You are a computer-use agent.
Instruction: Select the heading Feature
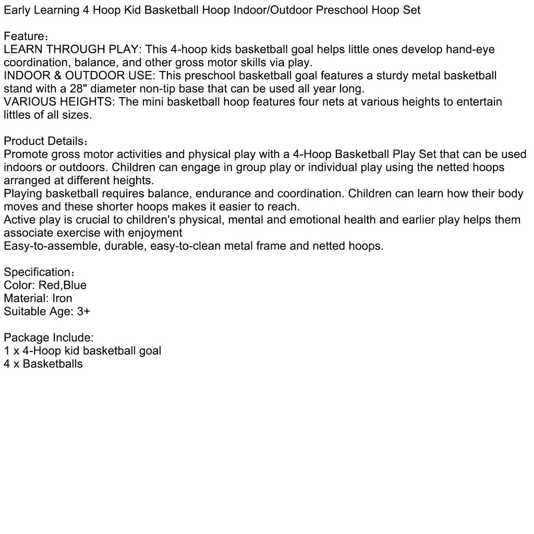(x=24, y=37)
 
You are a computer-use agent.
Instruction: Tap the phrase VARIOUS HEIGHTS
(x=58, y=102)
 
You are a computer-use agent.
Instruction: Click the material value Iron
(x=62, y=298)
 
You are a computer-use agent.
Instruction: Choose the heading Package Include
(x=48, y=337)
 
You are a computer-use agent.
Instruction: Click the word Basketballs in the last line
(x=53, y=363)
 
